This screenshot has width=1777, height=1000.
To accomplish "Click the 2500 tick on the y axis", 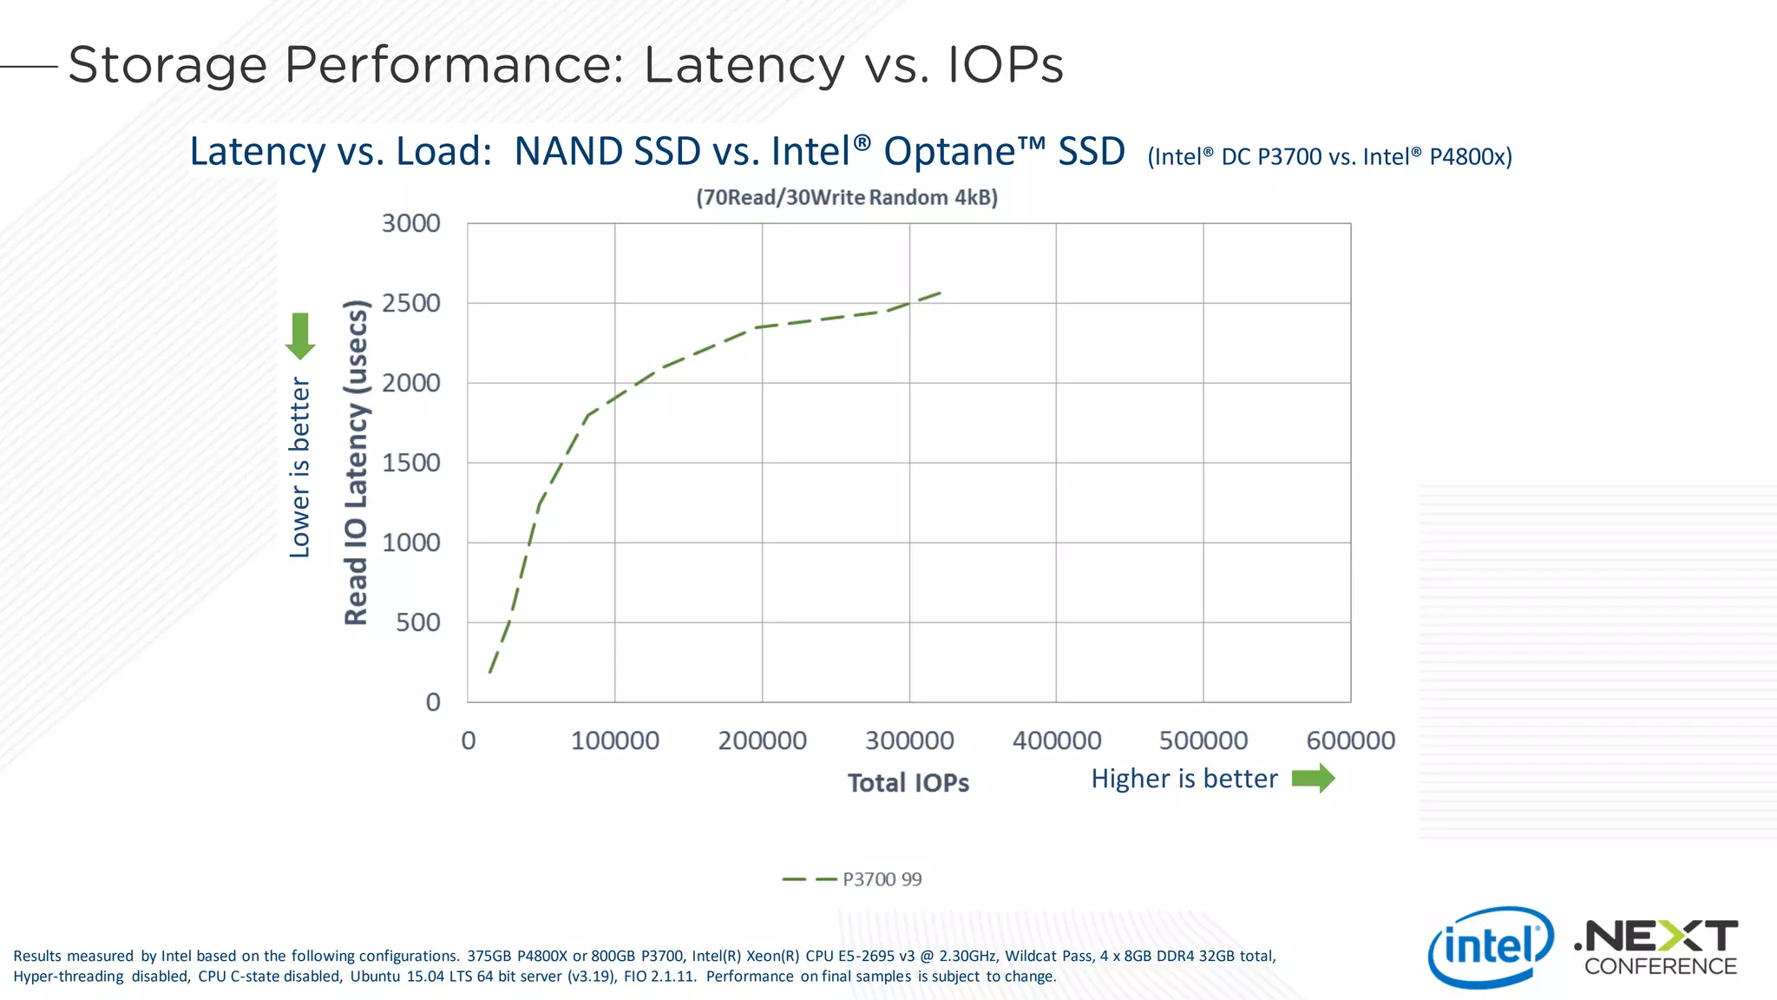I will point(411,303).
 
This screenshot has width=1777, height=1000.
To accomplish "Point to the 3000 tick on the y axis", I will point(411,223).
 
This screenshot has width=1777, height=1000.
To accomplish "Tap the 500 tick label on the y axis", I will point(418,622).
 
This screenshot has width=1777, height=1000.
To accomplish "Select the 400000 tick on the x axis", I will point(1056,740).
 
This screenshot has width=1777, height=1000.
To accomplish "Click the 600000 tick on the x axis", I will point(1350,740).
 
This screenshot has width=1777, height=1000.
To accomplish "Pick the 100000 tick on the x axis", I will point(615,740).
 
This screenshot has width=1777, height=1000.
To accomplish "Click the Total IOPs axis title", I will point(908,783).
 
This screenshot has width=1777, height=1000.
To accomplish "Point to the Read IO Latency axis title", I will point(357,462).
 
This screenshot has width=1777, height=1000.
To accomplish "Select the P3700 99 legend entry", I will point(852,879).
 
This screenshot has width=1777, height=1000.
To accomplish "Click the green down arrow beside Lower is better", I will point(300,336).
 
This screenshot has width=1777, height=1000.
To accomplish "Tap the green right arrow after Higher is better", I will point(1313,779).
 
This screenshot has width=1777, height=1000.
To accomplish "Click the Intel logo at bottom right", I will point(1490,947).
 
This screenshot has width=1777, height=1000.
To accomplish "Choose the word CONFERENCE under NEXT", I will point(1660,966).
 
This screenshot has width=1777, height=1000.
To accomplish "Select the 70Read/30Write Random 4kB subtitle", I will point(846,198).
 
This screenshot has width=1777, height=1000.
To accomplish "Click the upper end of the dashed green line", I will point(941,293).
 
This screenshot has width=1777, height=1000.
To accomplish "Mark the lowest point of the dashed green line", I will point(490,672).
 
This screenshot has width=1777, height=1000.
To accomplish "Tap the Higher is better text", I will point(1184,779).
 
